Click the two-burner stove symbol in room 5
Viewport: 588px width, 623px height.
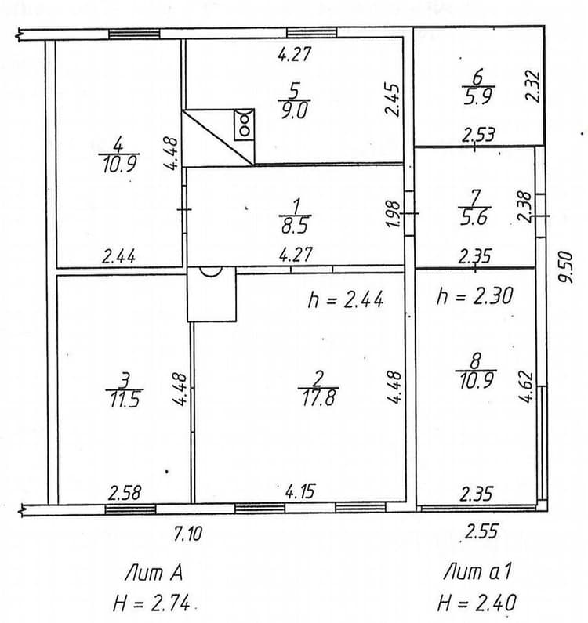tap(244, 125)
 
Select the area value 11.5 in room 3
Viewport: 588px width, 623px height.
tap(125, 400)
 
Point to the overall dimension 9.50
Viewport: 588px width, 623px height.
tap(566, 267)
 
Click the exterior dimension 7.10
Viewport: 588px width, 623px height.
tap(188, 534)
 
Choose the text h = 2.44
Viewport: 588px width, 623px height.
tap(346, 299)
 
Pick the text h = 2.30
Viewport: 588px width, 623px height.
tap(474, 296)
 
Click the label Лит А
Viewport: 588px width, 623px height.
tap(154, 573)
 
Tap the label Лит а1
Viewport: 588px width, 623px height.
tap(477, 572)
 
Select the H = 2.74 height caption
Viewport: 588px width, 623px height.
tap(151, 604)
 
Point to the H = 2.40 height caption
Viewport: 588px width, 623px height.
tap(477, 603)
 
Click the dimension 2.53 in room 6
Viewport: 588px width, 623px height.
tap(478, 135)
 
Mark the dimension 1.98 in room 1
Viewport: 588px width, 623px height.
tap(394, 215)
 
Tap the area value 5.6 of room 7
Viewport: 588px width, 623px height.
tap(474, 218)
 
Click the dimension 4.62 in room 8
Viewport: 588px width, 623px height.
tap(525, 387)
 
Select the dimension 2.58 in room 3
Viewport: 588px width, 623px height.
tap(125, 493)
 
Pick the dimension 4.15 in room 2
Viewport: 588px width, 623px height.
tap(300, 491)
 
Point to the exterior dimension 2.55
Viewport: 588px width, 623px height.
tap(481, 531)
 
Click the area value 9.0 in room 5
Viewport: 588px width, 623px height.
tap(294, 110)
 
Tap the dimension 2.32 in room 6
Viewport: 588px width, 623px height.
tap(533, 87)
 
